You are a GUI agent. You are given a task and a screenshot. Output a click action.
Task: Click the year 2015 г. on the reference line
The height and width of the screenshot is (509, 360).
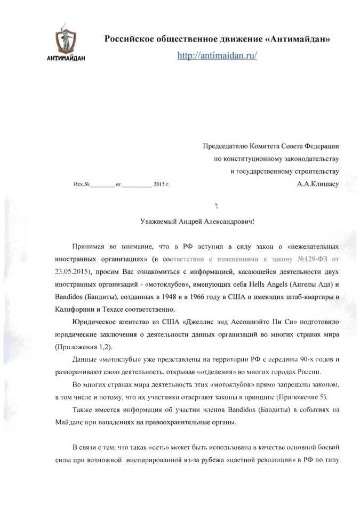[161, 184]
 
